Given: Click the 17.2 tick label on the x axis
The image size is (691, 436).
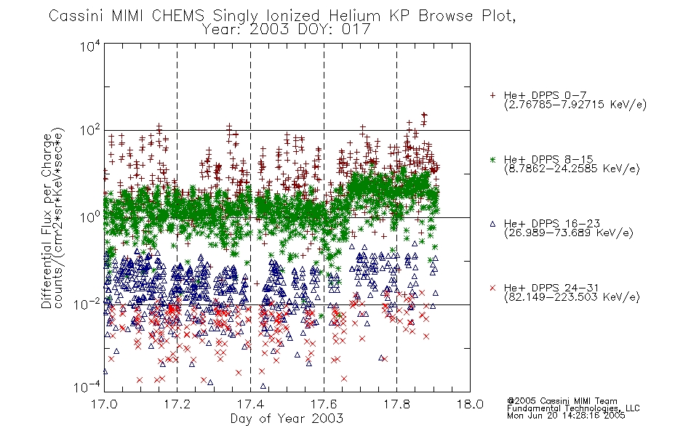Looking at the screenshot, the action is click(177, 404).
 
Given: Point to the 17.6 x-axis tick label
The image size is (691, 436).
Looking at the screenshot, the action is click(324, 404).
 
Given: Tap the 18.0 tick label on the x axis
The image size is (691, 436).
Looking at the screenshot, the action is click(470, 404).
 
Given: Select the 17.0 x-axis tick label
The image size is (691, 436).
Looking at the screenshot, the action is click(104, 404).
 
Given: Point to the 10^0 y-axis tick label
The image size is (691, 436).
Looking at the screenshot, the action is click(90, 217).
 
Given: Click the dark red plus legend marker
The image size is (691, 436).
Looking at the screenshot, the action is click(492, 95).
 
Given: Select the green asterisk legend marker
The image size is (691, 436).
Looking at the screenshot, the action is click(492, 159).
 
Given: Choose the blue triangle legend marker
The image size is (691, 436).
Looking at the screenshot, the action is click(492, 224).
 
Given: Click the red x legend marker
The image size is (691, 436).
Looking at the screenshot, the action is click(492, 288).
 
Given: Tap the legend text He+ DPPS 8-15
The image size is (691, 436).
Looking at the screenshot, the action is click(548, 159).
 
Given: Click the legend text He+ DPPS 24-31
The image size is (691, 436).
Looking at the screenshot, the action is click(551, 288).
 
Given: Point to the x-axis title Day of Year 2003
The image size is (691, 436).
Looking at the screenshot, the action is click(287, 419).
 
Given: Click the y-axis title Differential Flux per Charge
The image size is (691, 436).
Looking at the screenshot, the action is click(47, 221).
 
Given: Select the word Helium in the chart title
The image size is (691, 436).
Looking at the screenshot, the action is click(354, 16).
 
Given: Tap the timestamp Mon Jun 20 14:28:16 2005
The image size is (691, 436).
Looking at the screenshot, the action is click(566, 416).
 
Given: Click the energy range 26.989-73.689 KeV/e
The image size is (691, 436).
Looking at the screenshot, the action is click(569, 233).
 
